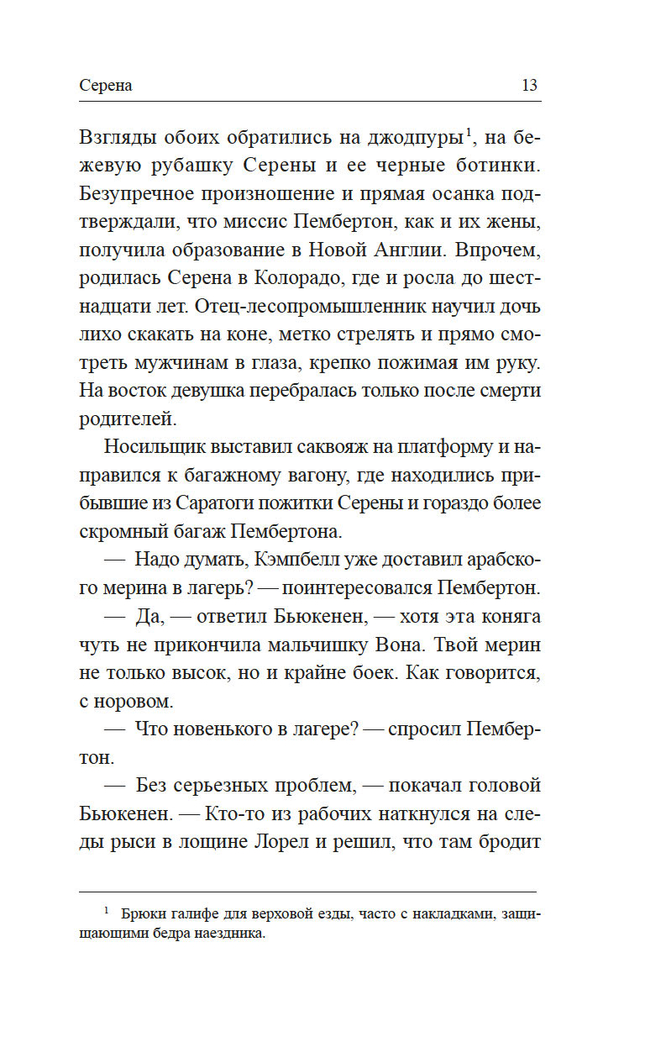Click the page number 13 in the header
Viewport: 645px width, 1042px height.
pos(529,86)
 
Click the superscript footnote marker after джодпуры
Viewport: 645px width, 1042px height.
pos(468,130)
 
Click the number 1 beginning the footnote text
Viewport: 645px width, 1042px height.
pos(107,910)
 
